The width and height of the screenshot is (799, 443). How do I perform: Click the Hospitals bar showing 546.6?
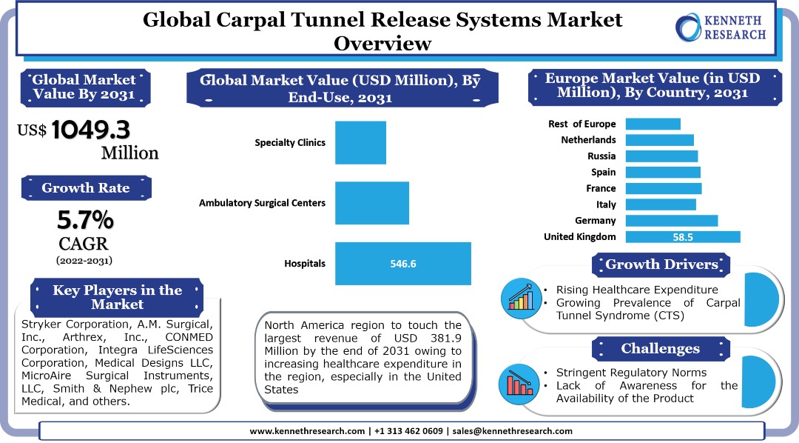point(403,263)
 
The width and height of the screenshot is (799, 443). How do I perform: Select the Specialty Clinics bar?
point(360,142)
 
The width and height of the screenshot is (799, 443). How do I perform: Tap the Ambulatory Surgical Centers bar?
point(372,202)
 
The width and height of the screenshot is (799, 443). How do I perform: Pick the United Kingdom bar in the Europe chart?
point(683,237)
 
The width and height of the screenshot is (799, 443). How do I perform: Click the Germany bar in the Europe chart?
point(672,221)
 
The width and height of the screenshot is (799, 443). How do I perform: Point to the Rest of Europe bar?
point(653,124)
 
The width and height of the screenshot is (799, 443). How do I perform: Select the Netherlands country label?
point(588,140)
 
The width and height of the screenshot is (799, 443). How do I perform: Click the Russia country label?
point(601,156)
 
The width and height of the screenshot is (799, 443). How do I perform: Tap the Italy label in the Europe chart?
point(606,204)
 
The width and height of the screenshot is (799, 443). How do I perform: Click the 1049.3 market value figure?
point(91,130)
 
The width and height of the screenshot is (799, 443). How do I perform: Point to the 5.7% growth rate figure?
point(86,219)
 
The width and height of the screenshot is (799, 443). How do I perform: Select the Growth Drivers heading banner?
point(661,264)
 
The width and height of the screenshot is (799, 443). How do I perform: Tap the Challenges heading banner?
point(660,348)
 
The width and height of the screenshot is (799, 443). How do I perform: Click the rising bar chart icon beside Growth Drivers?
point(522,297)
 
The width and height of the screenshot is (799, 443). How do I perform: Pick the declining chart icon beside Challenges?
point(522,382)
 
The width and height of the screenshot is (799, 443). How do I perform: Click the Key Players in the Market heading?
point(117,297)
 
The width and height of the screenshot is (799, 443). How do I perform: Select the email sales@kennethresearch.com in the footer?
point(513,431)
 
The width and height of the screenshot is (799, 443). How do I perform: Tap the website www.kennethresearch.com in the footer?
point(308,431)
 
